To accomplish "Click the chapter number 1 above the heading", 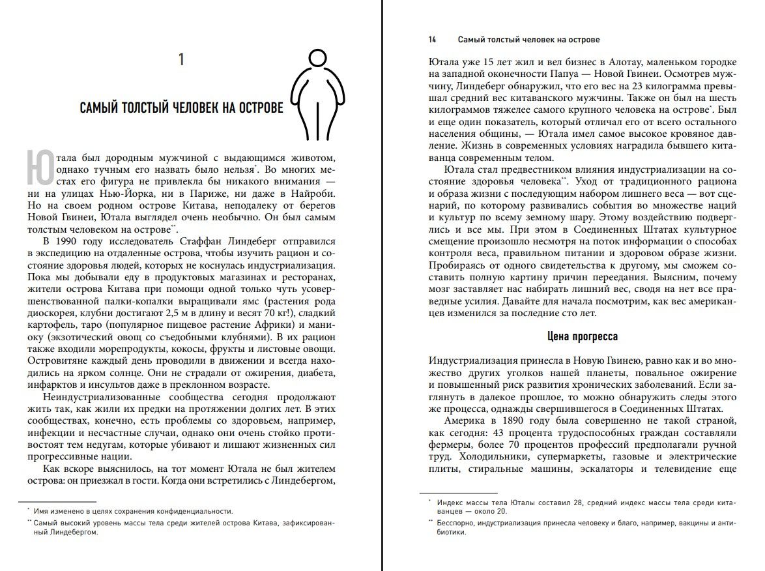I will coord(181,61).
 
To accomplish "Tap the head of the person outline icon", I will coord(317,61).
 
